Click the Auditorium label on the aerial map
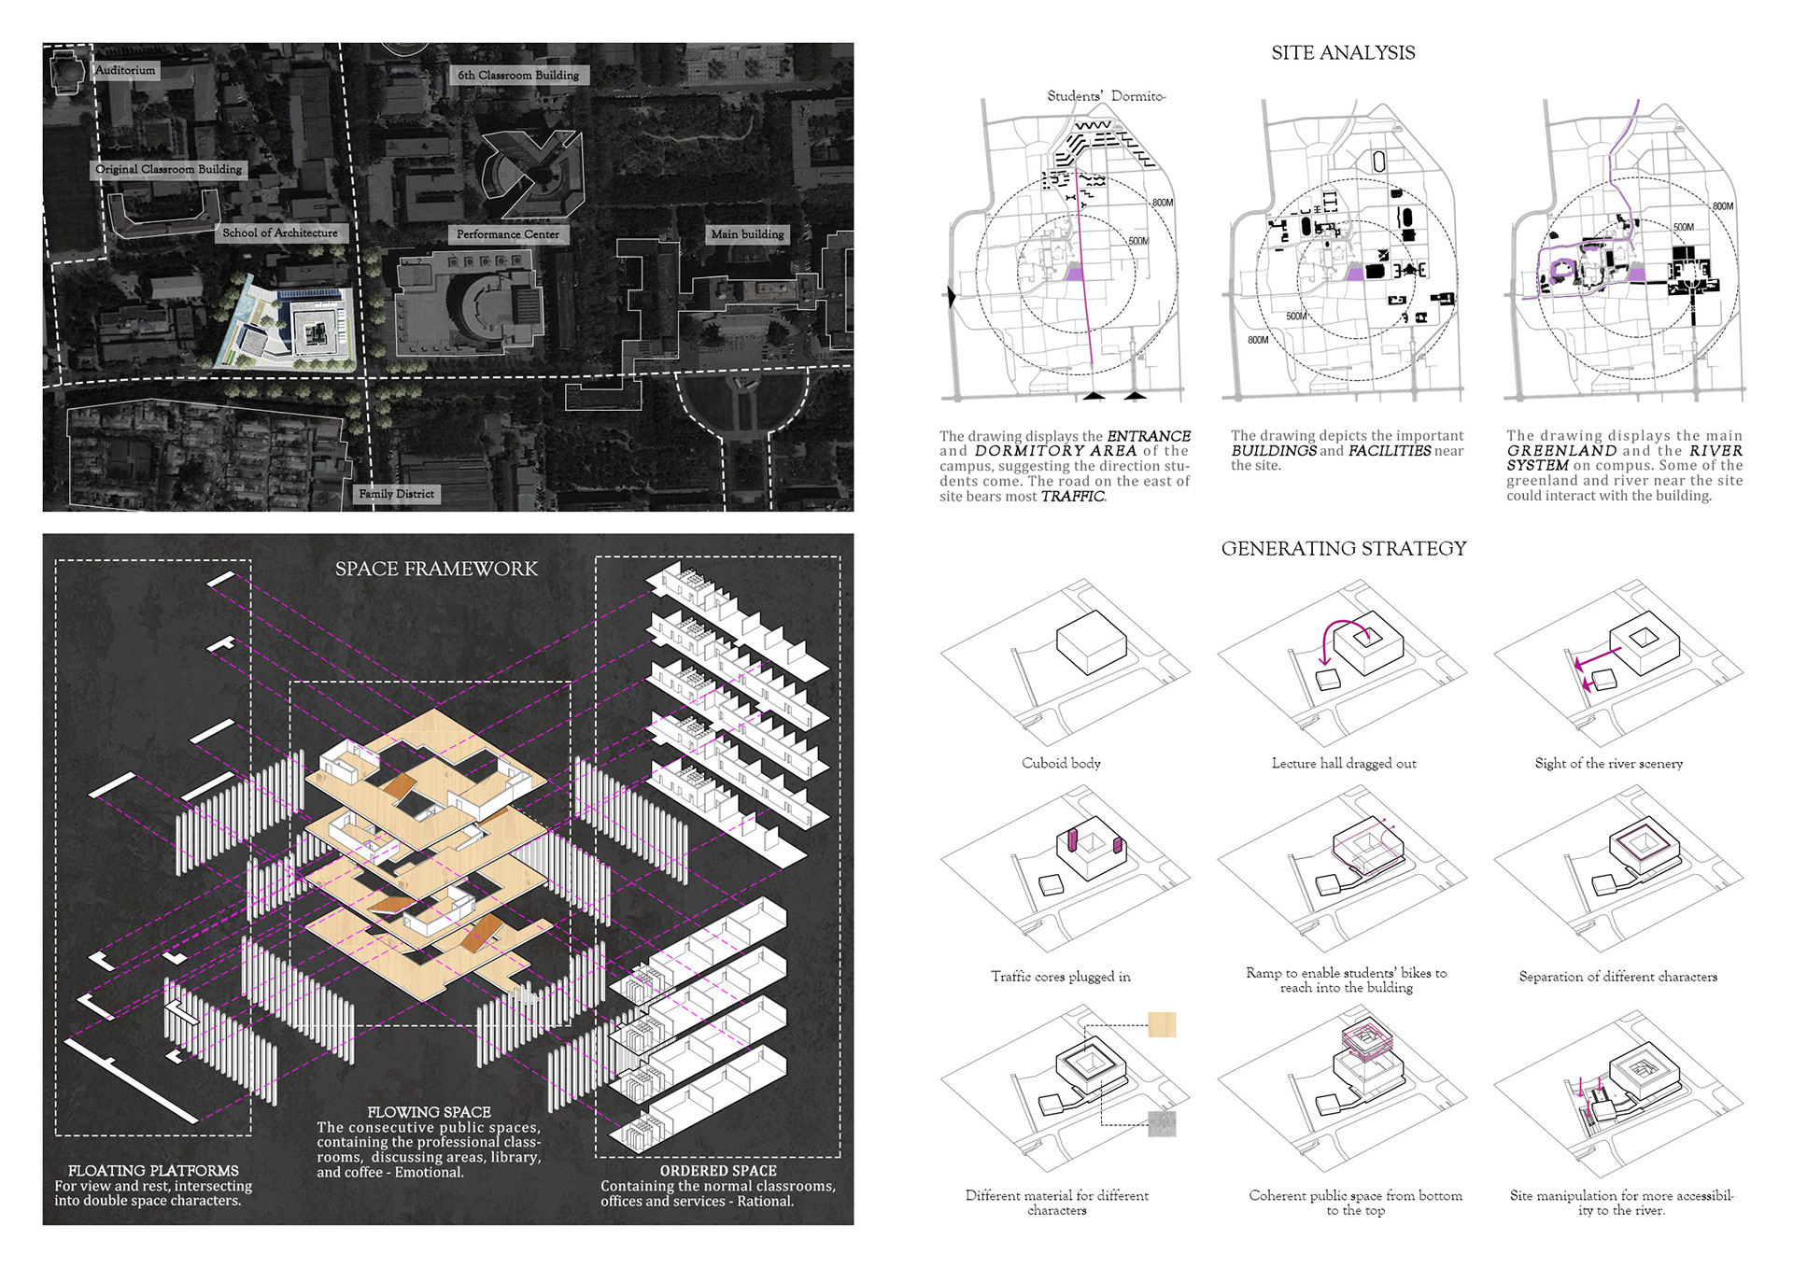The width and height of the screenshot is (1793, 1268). coord(125,70)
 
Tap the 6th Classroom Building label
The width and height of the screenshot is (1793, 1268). coord(518,75)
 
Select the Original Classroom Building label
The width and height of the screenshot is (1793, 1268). coord(169,169)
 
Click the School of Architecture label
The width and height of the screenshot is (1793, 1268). coord(280,232)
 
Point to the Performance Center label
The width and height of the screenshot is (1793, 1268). coord(508,234)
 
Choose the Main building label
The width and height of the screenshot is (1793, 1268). coord(747,234)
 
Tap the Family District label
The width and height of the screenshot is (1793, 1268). coord(397,494)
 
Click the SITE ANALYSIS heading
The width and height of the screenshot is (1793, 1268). coord(1343,53)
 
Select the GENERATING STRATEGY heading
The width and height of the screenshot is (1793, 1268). coord(1344,549)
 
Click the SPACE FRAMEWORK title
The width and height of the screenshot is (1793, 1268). coord(436,569)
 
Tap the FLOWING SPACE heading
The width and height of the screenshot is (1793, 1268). coord(429,1112)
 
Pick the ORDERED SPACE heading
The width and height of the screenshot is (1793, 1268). coord(718,1171)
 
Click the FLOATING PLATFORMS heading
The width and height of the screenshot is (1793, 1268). coord(153,1171)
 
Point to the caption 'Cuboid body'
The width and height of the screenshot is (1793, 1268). coord(1061,764)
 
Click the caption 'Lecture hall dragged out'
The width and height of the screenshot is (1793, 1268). coord(1344,764)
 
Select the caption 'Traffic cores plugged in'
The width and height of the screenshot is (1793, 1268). coord(1061,977)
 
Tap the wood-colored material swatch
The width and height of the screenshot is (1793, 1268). coord(1162,1024)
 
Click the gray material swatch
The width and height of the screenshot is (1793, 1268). coord(1162,1123)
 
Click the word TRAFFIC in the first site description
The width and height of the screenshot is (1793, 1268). coord(1073,497)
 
